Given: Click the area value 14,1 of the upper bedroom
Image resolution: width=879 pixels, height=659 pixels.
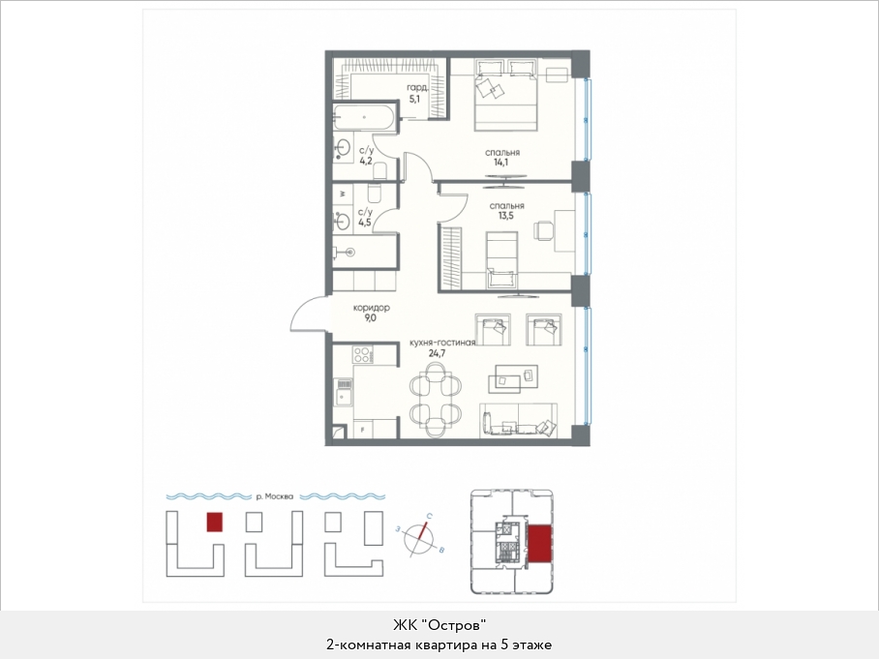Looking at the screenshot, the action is pos(502,164).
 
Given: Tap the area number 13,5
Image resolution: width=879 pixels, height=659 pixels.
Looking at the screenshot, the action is pos(505,216).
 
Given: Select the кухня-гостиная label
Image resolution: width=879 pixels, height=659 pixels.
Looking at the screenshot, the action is pos(442,343).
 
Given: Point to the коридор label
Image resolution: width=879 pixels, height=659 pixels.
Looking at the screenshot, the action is pos(371,308).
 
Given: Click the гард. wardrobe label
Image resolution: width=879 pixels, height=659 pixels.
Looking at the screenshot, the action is pos(417,88).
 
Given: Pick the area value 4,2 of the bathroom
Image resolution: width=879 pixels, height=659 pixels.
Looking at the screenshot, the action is pos(366,161).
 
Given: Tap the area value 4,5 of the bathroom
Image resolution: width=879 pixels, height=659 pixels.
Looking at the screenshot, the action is pos(364,223).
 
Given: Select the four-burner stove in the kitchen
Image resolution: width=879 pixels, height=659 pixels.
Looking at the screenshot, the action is pos(362,355).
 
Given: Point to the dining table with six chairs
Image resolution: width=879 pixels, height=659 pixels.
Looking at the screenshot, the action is pos(437,400).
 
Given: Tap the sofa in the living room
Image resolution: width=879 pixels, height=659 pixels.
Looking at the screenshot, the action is pos(518,420).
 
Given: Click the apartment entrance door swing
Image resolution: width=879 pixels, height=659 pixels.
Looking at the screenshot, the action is pos(308,314).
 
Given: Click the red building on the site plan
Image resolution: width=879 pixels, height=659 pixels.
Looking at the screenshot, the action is pos(215,523).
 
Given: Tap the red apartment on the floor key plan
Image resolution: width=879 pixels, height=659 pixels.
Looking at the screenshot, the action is pos(540,544).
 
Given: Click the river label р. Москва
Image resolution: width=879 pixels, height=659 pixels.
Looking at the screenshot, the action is pos(274,496).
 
